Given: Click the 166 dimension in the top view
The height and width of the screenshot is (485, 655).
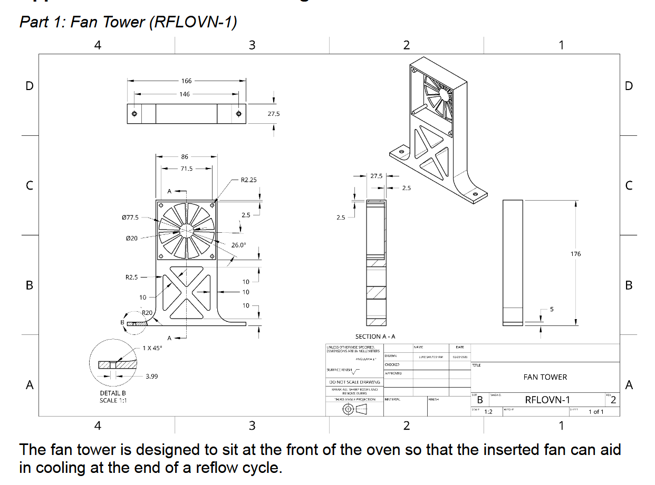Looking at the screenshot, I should click(x=186, y=81).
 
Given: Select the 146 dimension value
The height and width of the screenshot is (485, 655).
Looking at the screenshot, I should click(x=184, y=94).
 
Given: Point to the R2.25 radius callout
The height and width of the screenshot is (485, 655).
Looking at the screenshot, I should click(x=248, y=180).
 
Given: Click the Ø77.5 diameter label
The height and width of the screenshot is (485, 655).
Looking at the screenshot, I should click(x=130, y=217).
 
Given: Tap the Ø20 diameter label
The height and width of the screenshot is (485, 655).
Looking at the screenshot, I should click(x=132, y=239).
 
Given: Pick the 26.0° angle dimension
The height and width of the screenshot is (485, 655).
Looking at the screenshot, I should click(x=238, y=245).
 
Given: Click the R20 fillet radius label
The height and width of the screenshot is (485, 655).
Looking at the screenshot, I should click(x=147, y=313).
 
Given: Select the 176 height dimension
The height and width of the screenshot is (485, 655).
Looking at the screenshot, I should click(x=575, y=254).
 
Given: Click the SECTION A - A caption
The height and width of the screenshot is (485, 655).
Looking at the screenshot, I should click(x=375, y=336).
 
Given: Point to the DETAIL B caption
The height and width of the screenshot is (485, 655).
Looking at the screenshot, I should click(x=112, y=393).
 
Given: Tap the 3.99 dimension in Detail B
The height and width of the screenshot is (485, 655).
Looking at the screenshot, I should click(x=151, y=377).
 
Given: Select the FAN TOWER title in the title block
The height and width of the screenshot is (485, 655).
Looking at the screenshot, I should click(x=545, y=377).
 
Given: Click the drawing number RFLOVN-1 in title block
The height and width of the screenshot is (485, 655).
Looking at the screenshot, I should click(x=547, y=400).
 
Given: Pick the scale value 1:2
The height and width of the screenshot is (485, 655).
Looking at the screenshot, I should click(x=488, y=412).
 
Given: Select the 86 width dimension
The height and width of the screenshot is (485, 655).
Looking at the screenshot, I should click(x=184, y=156).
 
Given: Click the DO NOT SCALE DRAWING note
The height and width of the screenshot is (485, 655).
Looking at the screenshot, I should click(x=354, y=382).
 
